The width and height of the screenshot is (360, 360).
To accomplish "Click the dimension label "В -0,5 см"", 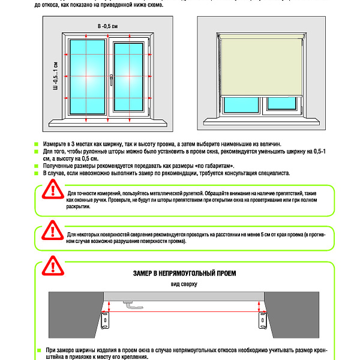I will [109, 26].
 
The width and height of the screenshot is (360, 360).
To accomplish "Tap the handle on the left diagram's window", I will [111, 78].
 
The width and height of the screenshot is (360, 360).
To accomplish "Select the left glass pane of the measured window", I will [87, 76].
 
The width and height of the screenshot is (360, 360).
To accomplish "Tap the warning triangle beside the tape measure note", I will [53, 191].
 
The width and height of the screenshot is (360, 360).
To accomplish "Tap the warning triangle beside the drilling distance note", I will [53, 230].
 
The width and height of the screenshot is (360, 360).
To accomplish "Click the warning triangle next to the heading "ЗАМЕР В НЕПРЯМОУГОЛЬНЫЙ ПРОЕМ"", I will [53, 265].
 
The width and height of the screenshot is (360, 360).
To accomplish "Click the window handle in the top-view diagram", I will [133, 305].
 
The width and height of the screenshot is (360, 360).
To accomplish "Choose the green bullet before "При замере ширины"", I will [40, 350].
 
